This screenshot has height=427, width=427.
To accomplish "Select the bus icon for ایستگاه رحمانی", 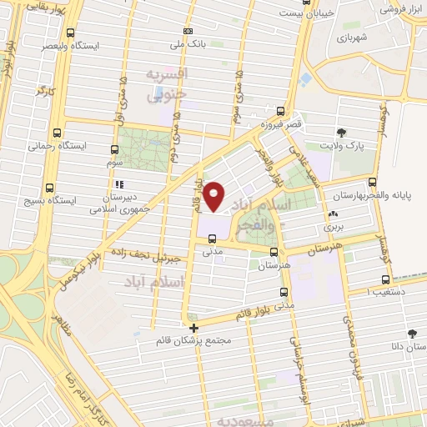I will (x=57, y=133).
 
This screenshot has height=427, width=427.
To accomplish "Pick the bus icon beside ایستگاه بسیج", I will (x=50, y=188).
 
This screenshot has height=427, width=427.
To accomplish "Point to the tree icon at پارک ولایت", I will (x=340, y=133).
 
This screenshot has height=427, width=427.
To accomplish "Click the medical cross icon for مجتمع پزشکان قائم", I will (x=194, y=328).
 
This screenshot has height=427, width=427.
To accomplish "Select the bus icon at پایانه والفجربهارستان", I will (x=372, y=182).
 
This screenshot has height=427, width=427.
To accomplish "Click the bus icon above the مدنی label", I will (x=211, y=239).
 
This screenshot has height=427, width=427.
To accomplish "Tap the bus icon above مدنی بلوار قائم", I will (x=284, y=293).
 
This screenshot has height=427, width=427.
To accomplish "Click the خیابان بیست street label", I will (x=299, y=13).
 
